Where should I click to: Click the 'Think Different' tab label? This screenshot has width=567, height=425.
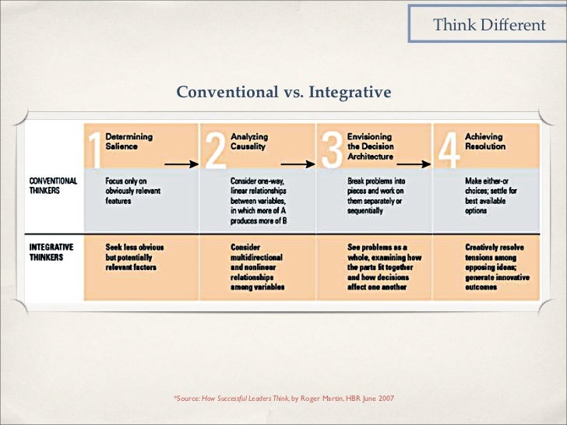click(x=489, y=25)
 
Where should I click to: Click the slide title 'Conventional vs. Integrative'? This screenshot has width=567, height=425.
click(x=283, y=93)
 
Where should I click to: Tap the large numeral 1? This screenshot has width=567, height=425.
click(x=93, y=149)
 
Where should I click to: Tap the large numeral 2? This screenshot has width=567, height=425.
click(x=213, y=149)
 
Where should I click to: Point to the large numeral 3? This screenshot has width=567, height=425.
click(x=331, y=149)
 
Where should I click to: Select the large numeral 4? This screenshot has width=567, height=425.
click(x=448, y=149)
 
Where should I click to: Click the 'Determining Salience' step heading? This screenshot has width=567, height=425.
click(x=129, y=141)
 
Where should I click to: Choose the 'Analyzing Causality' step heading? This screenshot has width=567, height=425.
click(x=248, y=141)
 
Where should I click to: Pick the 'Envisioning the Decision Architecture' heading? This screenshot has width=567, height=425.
click(x=371, y=146)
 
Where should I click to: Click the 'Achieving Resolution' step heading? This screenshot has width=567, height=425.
click(x=484, y=141)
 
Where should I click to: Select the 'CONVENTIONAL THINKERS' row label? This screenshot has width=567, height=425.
click(x=54, y=186)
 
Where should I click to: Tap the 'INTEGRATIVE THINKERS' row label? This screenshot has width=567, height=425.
click(x=52, y=251)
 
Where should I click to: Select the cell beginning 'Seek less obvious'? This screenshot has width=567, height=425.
click(x=135, y=257)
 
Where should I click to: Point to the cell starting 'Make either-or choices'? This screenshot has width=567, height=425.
click(x=488, y=195)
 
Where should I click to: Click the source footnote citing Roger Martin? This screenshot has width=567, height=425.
click(x=284, y=398)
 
